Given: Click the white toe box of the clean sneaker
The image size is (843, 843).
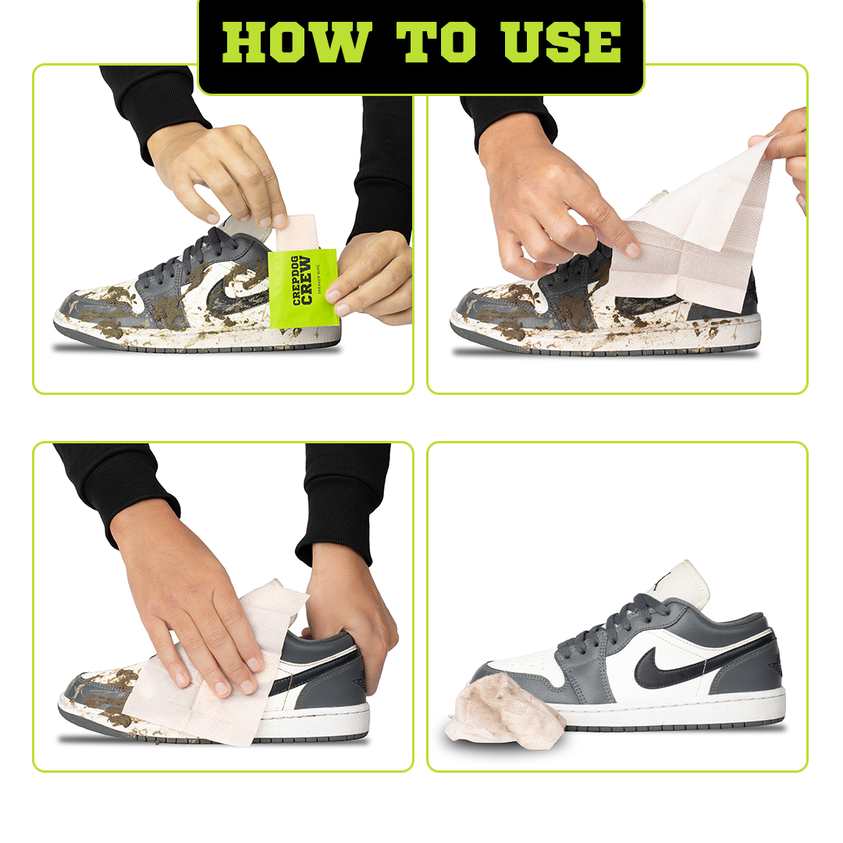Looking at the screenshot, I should [x=519, y=663].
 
